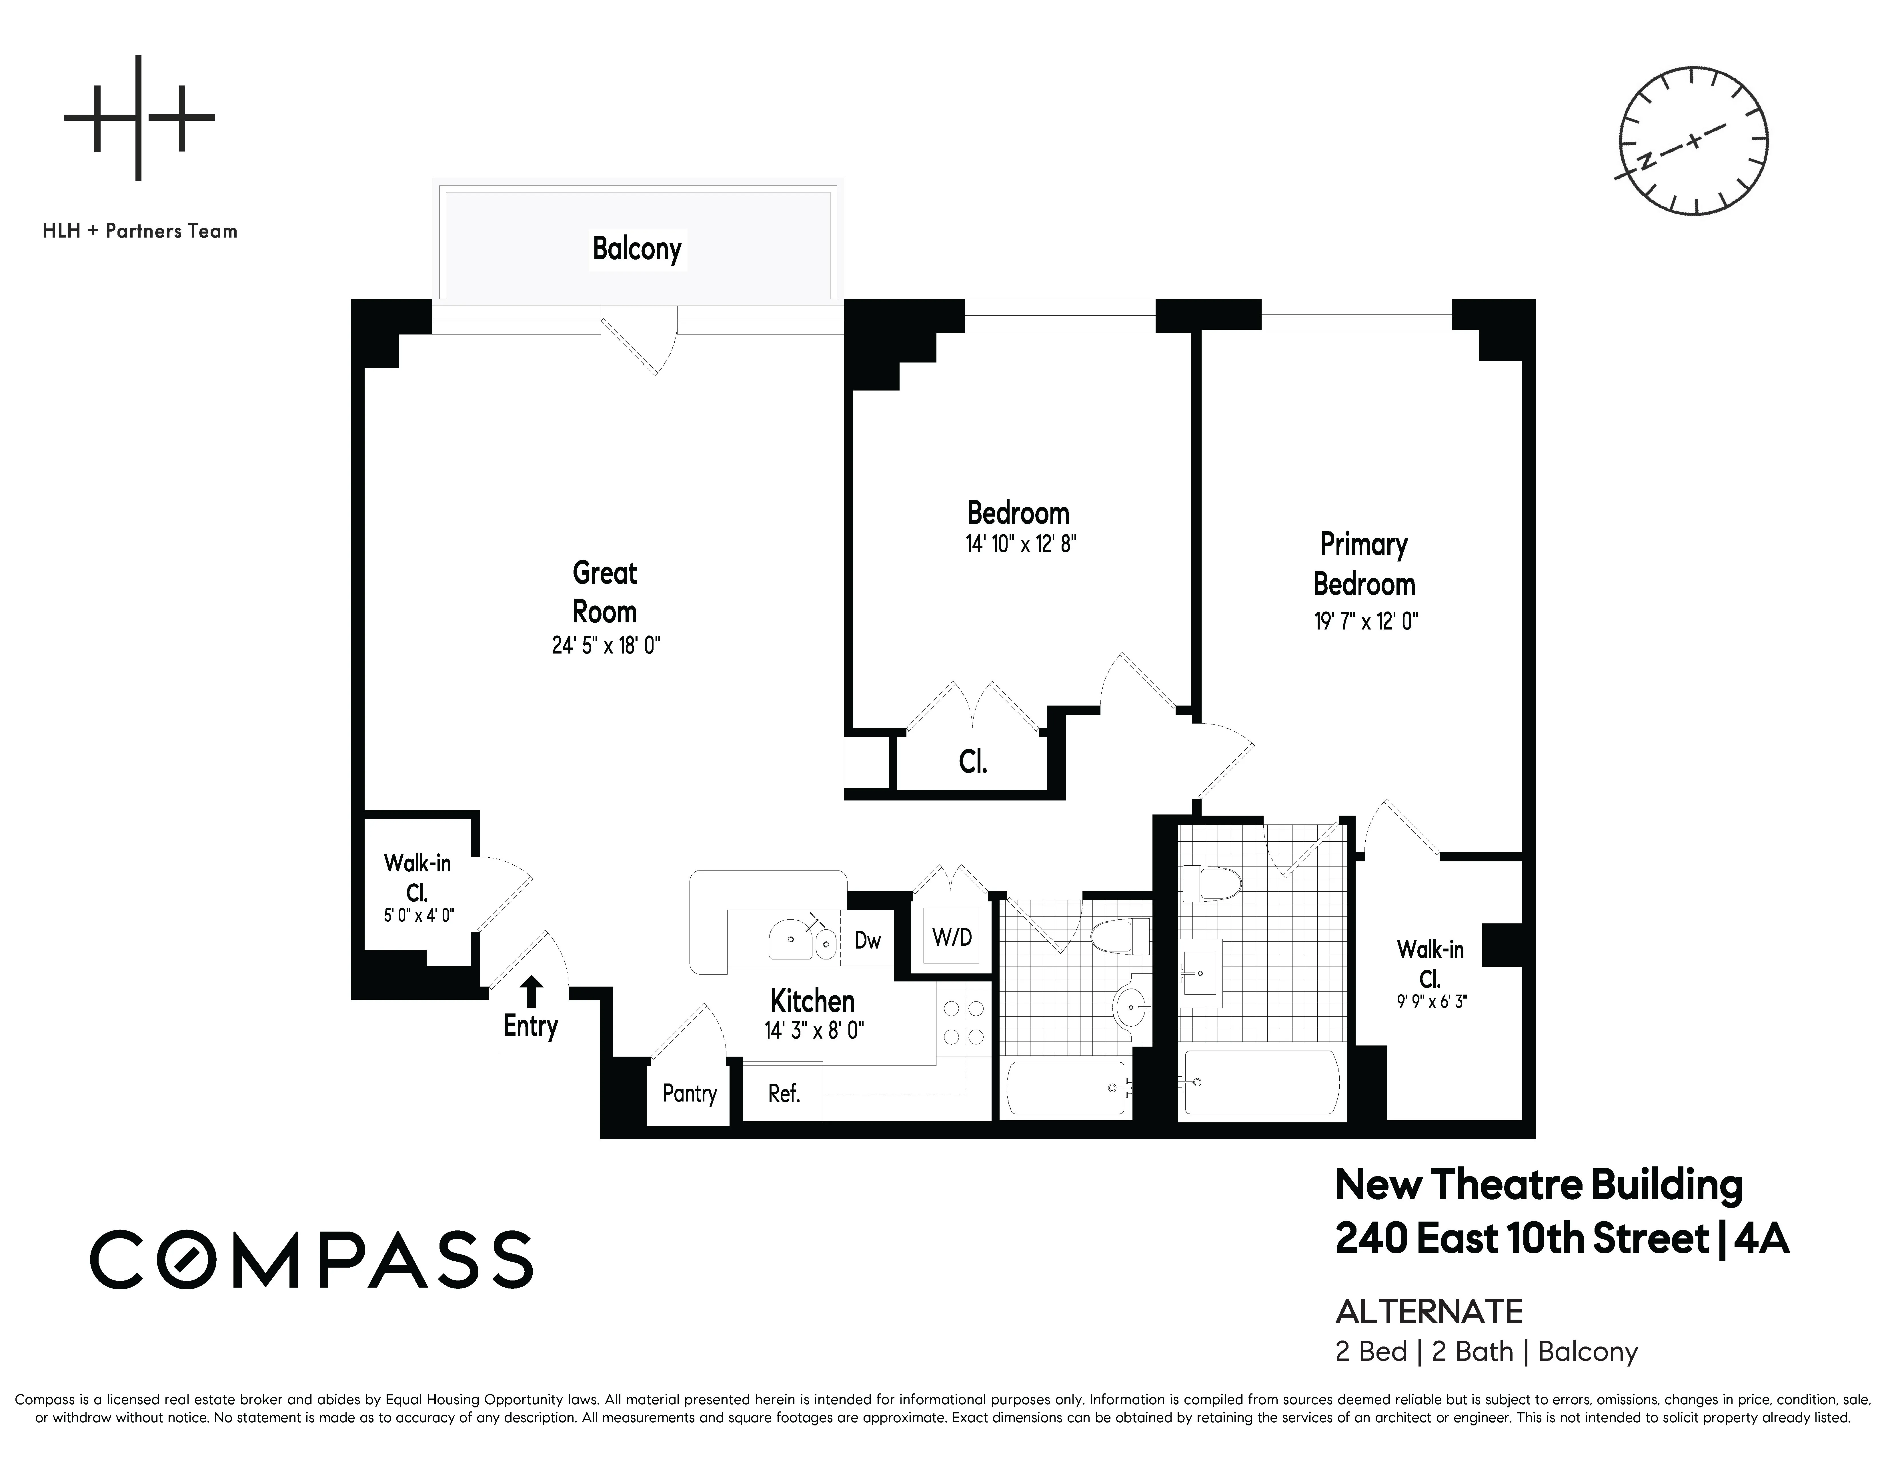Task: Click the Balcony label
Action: point(636,249)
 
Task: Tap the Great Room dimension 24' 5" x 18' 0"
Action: point(605,645)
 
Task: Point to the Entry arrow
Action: point(532,991)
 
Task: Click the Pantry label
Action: point(689,1093)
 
